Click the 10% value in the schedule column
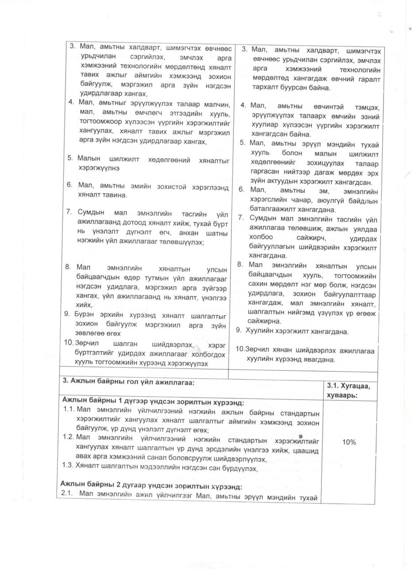(x=349, y=442)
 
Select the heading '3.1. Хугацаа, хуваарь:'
(x=348, y=390)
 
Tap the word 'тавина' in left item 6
(x=115, y=195)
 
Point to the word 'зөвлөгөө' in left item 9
(x=89, y=333)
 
